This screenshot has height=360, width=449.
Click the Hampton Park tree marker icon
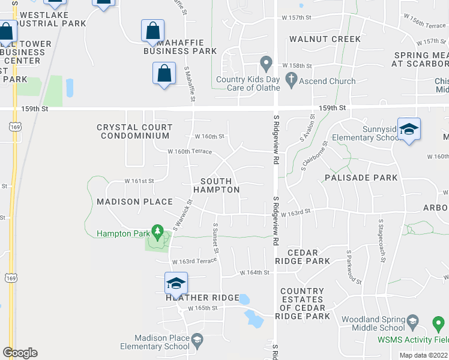tap(157, 230)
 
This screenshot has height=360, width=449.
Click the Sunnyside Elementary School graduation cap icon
tap(409, 130)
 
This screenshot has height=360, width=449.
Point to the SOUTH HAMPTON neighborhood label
tap(220, 185)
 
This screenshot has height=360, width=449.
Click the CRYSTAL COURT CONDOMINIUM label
tap(134, 131)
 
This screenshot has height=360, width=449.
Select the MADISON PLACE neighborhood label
tap(134, 202)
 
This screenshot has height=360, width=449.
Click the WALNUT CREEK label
tap(325, 39)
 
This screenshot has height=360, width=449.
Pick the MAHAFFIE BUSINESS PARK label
tap(180, 47)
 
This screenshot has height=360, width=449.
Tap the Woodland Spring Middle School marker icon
tap(412, 323)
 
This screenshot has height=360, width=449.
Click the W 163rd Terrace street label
tap(193, 262)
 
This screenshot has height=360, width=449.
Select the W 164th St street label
tap(255, 273)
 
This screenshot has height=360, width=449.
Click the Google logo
tap(20, 353)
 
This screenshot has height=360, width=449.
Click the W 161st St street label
tap(139, 181)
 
